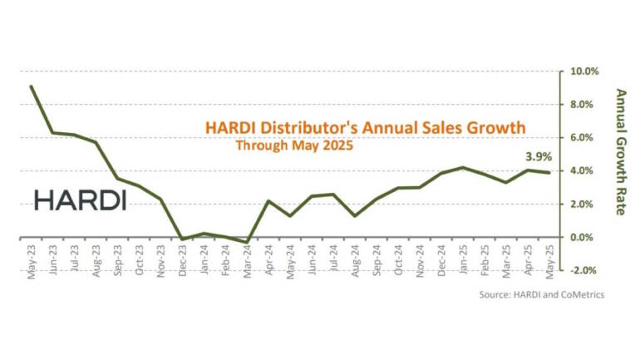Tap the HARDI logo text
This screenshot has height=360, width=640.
coord(80,200)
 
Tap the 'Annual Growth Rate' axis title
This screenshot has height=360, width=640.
coord(619,151)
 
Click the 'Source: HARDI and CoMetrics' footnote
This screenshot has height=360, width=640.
coord(541,294)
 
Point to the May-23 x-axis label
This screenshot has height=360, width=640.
coord(32,261)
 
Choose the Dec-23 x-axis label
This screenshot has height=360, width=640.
coord(182,261)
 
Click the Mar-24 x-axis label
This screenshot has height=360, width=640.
coord(247,261)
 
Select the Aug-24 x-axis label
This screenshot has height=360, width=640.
coord(355,261)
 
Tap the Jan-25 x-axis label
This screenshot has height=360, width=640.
coord(463,261)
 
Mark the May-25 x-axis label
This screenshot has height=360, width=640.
coord(549,261)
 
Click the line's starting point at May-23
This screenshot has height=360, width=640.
coord(32,86)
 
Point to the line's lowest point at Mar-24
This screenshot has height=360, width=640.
coord(247,243)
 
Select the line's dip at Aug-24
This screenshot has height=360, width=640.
coord(355,215)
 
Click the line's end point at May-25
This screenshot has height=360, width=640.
coord(549,172)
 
